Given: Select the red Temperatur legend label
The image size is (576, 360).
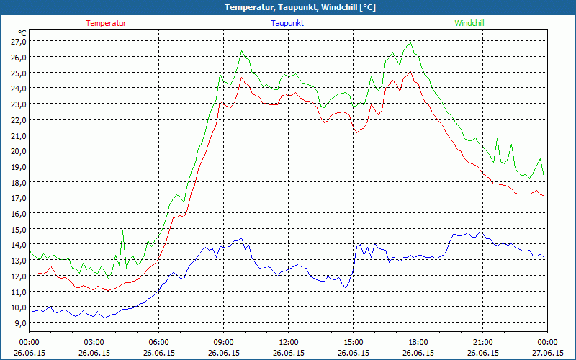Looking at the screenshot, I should click(x=106, y=23).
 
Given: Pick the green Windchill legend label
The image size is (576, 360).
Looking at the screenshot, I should click(x=469, y=23).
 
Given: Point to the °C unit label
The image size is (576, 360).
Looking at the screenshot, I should click(x=22, y=33).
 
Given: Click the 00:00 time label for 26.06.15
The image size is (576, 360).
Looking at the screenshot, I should click(x=29, y=342).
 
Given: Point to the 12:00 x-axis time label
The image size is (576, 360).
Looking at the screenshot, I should click(x=288, y=342).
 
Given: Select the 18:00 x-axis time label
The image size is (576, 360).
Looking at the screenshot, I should click(x=418, y=342).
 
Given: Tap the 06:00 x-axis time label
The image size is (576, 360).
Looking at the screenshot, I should click(x=158, y=342).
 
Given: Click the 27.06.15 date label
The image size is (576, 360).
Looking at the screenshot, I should click(x=547, y=353).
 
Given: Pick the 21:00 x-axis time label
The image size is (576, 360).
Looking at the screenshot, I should click(x=482, y=342).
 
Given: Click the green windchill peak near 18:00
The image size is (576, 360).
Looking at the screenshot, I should click(x=410, y=43).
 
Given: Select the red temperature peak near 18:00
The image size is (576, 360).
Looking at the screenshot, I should click(x=410, y=72).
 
